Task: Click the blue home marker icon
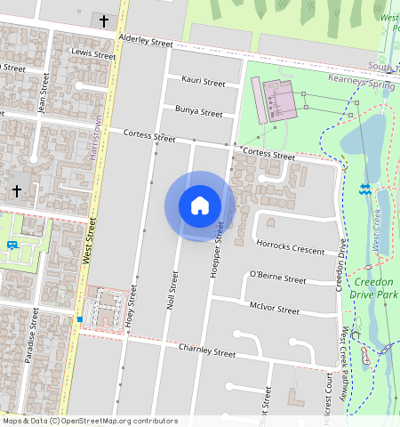tap(200, 205)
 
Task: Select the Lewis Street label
tap(94, 55)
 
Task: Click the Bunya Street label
tap(199, 113)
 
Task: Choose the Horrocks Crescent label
tap(290, 246)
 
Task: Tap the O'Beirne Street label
tap(277, 278)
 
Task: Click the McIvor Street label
tap(275, 309)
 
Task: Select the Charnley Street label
tap(207, 350)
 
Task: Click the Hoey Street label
tap(132, 307)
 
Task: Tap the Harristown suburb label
tap(97, 138)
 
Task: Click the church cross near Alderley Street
tap(103, 20)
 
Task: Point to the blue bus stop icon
tap(12, 245)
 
